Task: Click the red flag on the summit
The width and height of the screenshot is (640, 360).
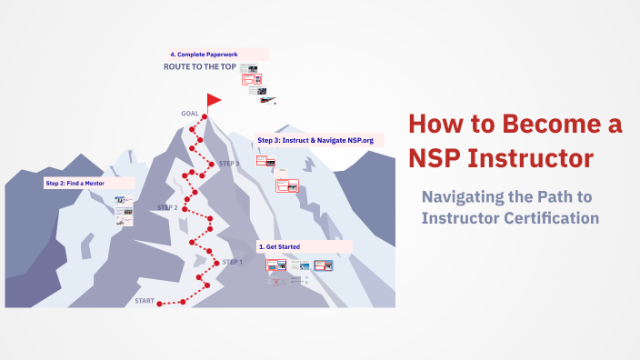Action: (214, 99)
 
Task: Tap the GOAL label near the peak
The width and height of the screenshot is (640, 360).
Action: (190, 114)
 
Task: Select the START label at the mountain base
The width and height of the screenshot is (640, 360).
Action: (145, 300)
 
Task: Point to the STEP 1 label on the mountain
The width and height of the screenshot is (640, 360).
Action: (233, 262)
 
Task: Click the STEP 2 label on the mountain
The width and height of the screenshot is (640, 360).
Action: (167, 207)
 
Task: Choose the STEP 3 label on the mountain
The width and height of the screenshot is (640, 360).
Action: (229, 164)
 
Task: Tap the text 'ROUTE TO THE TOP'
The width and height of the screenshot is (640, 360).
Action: (199, 67)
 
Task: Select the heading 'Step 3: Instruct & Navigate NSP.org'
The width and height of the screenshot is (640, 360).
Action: (315, 140)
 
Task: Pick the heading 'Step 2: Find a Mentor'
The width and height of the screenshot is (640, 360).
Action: (75, 183)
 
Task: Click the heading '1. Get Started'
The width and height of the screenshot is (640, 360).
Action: (279, 246)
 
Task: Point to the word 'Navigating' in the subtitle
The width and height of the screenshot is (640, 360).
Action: (466, 197)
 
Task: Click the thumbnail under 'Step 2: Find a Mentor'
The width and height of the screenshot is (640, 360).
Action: (123, 215)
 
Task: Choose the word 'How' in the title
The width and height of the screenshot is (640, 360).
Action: (432, 125)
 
